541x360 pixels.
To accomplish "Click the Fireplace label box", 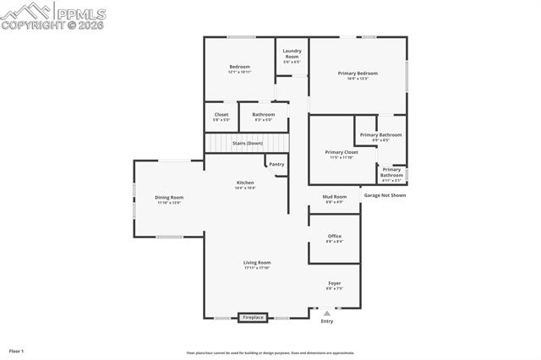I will click(x=254, y=318).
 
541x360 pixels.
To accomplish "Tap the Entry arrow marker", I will click(x=327, y=314).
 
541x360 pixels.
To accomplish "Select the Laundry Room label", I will click(x=292, y=52).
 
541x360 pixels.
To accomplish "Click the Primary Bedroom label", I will click(x=358, y=74).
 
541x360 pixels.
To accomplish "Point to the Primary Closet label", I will click(x=342, y=152).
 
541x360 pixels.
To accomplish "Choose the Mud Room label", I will click(x=335, y=197).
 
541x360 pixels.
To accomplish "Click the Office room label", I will click(x=335, y=236).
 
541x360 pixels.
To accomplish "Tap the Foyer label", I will click(x=335, y=283).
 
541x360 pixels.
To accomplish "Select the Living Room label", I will click(x=257, y=263).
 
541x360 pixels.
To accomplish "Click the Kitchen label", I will click(x=245, y=183).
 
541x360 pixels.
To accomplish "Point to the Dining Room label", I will click(x=169, y=198).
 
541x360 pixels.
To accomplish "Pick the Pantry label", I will click(x=276, y=164).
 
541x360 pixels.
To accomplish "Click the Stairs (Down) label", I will click(x=248, y=143).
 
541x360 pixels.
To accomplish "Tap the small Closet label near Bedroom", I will click(x=221, y=114).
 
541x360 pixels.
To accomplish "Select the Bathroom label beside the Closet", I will click(x=264, y=114).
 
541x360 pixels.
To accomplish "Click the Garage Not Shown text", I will click(x=385, y=195).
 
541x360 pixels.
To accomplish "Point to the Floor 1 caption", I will click(x=16, y=351).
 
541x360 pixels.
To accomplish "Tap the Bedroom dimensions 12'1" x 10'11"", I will click(x=239, y=72).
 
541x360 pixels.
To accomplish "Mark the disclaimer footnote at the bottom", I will click(x=270, y=353).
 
